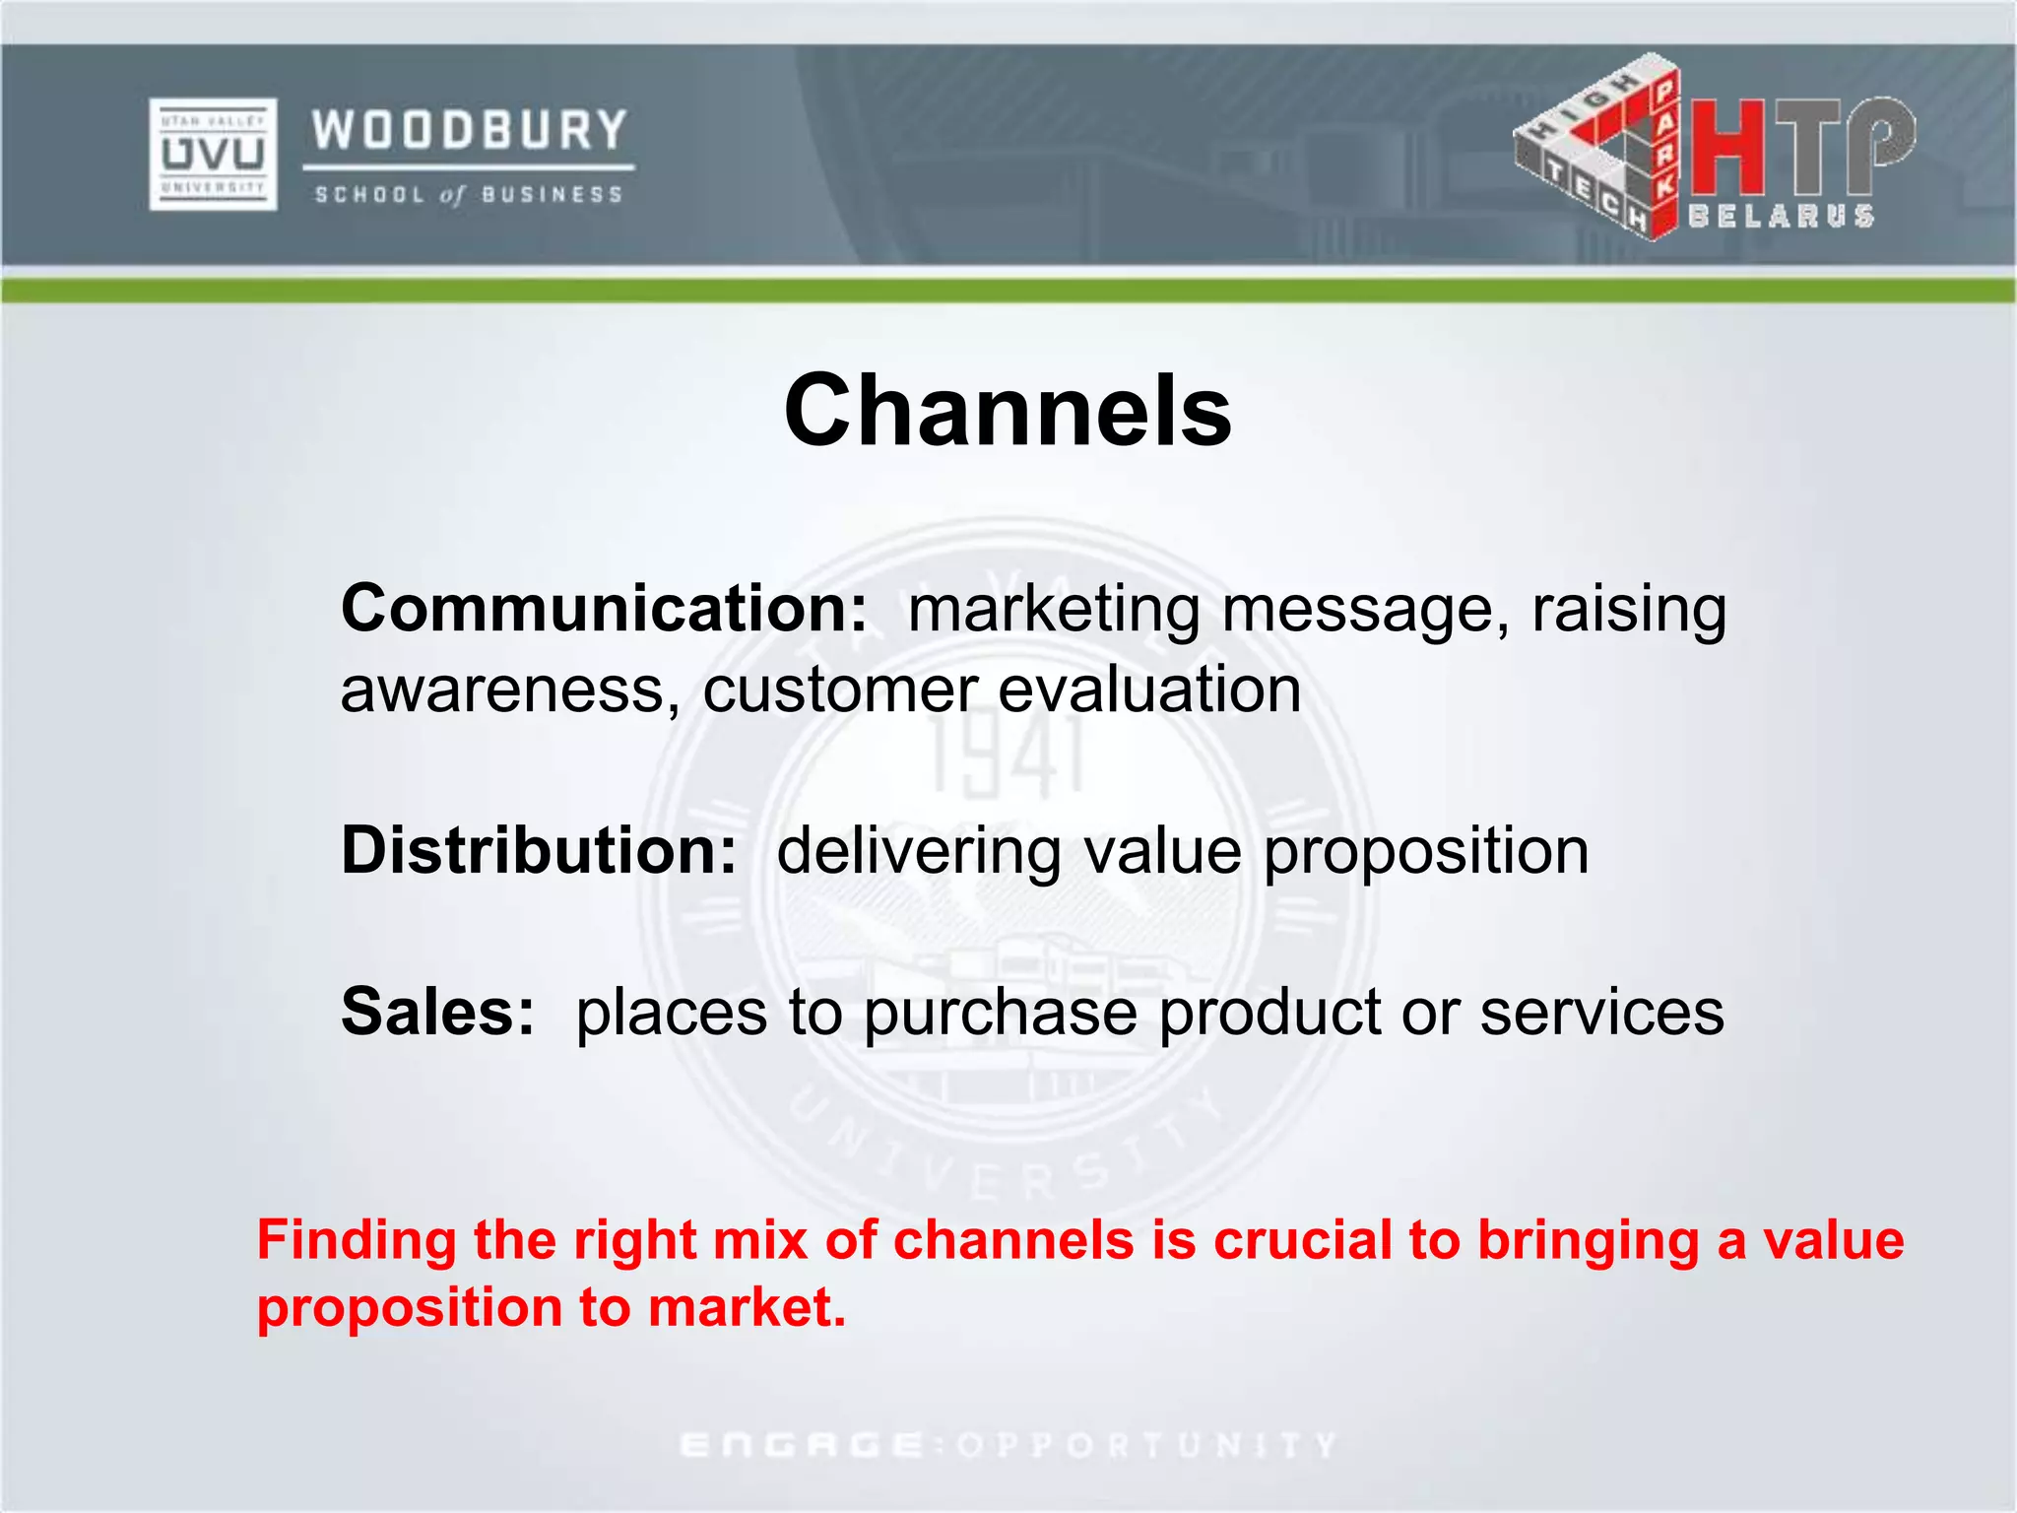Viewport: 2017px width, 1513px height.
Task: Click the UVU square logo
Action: pos(213,154)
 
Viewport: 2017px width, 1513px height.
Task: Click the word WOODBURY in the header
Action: pos(470,131)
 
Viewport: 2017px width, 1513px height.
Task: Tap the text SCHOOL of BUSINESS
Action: pos(469,195)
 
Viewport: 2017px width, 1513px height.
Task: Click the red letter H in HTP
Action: pos(1727,148)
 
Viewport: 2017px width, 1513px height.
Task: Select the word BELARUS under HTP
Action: pos(1781,217)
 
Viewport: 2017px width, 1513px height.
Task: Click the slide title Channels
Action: pos(1008,411)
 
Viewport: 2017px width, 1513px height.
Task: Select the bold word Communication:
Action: pos(604,609)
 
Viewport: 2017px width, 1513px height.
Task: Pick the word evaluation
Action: pos(1149,690)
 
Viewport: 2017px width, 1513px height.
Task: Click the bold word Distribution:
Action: pos(539,850)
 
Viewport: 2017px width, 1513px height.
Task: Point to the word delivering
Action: pos(919,852)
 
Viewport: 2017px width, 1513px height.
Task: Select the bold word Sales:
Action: pos(438,1012)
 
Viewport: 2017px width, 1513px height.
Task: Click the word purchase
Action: pos(1000,1015)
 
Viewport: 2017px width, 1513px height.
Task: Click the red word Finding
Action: pos(357,1241)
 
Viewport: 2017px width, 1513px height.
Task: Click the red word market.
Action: pos(746,1308)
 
